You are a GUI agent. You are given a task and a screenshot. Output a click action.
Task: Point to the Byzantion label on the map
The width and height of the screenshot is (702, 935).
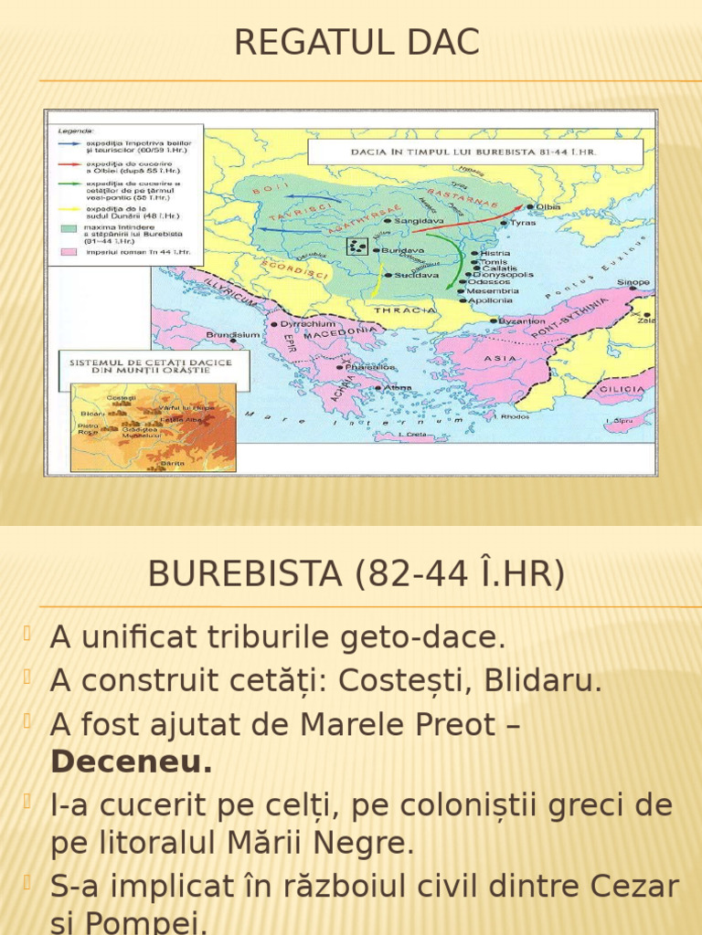(524, 321)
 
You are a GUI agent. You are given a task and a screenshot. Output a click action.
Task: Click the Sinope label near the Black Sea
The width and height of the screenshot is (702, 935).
(633, 283)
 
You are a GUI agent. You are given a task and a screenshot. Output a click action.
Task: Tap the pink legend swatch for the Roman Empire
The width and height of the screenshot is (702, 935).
(69, 251)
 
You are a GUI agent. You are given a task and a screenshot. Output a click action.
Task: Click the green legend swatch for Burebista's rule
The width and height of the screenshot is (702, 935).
(69, 228)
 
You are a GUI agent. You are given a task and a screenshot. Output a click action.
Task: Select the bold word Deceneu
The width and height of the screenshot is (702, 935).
(132, 762)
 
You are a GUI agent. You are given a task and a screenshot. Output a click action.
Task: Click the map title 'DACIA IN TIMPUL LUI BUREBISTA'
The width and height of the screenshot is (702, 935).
(474, 152)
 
